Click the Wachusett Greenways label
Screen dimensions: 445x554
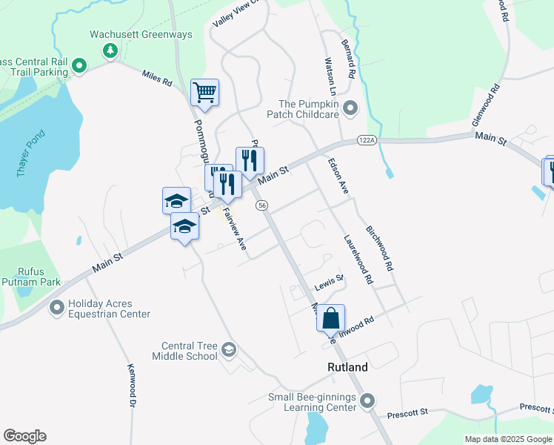(141, 35)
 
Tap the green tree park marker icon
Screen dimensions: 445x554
(110, 50)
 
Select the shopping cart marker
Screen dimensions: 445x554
(204, 93)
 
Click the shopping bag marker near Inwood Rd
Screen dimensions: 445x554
(331, 318)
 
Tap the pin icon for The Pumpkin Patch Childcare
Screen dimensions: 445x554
(351, 108)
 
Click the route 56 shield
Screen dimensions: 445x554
(263, 205)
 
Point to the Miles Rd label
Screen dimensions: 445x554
(156, 76)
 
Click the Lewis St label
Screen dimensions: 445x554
(329, 282)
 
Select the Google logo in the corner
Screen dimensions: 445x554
(24, 436)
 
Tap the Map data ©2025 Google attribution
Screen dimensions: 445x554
(508, 439)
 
